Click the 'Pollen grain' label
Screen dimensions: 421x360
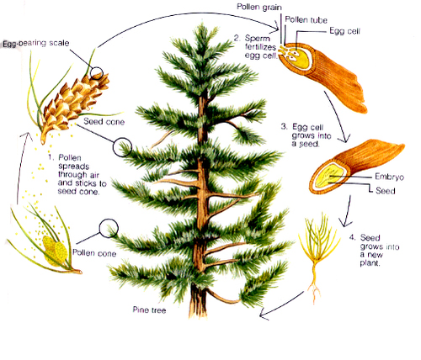click(x=259, y=7)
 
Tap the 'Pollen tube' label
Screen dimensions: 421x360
click(x=306, y=20)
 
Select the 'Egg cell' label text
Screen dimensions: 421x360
click(x=344, y=31)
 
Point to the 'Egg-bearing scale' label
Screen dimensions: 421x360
click(x=36, y=43)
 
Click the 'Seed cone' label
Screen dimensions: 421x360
click(x=104, y=122)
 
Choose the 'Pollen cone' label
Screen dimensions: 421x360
click(x=94, y=253)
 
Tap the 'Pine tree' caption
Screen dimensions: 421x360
click(x=149, y=310)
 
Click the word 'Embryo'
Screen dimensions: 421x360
click(x=389, y=177)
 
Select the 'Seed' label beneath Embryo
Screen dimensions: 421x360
click(x=385, y=191)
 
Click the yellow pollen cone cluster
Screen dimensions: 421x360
click(x=56, y=251)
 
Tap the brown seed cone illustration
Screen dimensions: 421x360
click(x=73, y=105)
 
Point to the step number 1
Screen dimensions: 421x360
click(x=51, y=157)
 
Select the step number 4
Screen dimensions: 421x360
click(x=352, y=238)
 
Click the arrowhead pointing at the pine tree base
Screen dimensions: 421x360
click(x=264, y=314)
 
